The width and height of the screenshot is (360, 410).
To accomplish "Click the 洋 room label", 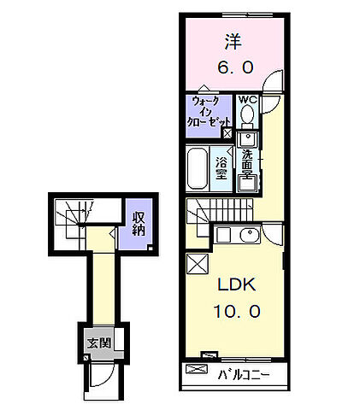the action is (x=233, y=42).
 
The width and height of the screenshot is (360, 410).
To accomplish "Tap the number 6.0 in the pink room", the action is (x=235, y=67).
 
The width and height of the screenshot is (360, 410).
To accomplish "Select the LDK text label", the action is (x=236, y=284).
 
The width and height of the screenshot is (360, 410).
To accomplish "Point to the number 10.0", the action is (x=237, y=311).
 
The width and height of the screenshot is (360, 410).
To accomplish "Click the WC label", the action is (x=248, y=100).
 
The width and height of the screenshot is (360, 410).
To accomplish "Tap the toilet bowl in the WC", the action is (x=247, y=114).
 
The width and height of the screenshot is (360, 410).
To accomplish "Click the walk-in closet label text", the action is (x=208, y=111).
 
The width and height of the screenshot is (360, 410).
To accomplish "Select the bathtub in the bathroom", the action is (x=197, y=169).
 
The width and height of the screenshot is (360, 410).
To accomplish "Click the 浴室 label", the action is (x=221, y=168).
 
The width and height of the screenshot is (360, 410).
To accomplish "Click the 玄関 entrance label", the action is (x=98, y=343).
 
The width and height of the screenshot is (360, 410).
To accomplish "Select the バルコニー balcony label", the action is (x=244, y=375).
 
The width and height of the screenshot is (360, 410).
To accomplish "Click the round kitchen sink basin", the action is (x=250, y=235).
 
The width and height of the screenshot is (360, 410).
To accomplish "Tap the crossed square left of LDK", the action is (x=198, y=264).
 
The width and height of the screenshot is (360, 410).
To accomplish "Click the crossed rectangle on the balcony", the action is (x=197, y=369).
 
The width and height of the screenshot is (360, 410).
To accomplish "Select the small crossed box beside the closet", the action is (x=227, y=133).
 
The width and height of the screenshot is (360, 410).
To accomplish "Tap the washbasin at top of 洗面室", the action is (x=247, y=139).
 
